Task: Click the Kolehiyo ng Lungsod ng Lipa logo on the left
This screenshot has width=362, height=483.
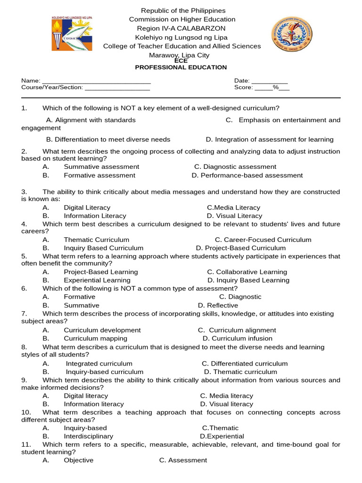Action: pyautogui.click(x=72, y=33)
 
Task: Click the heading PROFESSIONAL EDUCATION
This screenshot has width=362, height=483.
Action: pyautogui.click(x=181, y=67)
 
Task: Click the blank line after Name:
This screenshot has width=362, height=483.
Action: pyautogui.click(x=96, y=81)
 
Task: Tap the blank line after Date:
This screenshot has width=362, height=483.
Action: pyautogui.click(x=269, y=81)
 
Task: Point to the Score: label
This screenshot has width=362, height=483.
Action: pyautogui.click(x=243, y=87)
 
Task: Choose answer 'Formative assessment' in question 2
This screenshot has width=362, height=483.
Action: pyautogui.click(x=99, y=175)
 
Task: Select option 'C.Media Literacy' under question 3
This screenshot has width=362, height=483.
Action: pyautogui.click(x=233, y=208)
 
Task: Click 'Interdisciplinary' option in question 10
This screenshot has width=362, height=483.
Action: pyautogui.click(x=89, y=436)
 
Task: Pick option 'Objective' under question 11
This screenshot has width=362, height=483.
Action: pyautogui.click(x=79, y=460)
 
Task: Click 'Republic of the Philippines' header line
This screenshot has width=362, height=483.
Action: pyautogui.click(x=183, y=10)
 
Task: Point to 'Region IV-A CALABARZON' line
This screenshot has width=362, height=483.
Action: pyautogui.click(x=181, y=28)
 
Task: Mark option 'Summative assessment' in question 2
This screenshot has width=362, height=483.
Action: pyautogui.click(x=101, y=167)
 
